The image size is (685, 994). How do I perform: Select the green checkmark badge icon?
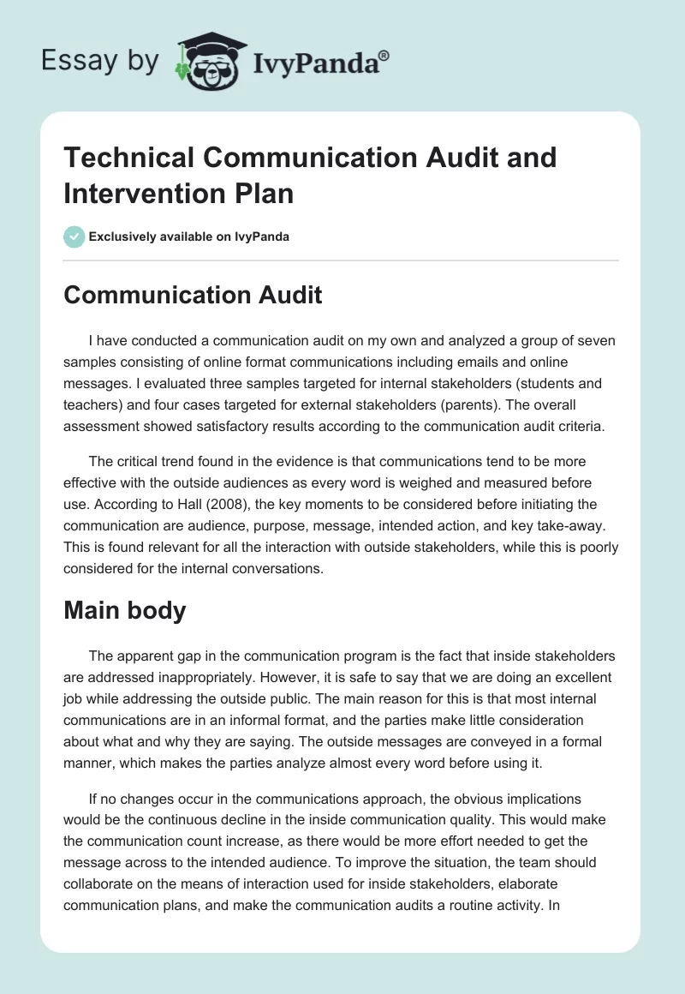coord(74,237)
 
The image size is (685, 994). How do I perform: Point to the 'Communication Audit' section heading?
coord(193,295)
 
